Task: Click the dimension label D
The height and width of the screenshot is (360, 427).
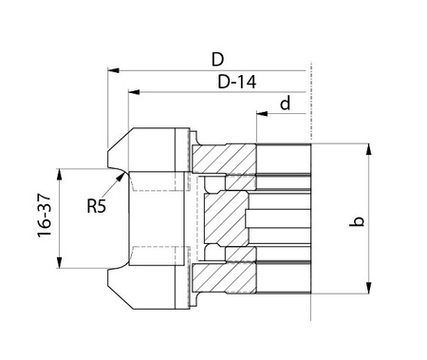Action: [x=217, y=59]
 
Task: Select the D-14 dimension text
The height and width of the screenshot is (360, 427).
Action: [x=236, y=82]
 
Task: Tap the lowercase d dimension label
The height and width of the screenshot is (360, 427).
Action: [x=286, y=103]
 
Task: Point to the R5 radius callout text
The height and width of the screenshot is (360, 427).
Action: [x=97, y=206]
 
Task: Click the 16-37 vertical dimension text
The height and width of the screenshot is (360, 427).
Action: [x=45, y=216]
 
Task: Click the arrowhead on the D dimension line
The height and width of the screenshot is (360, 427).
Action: [x=113, y=70]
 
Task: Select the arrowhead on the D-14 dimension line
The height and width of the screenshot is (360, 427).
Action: [x=134, y=92]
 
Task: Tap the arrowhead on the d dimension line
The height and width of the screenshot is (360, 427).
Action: [x=262, y=113]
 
